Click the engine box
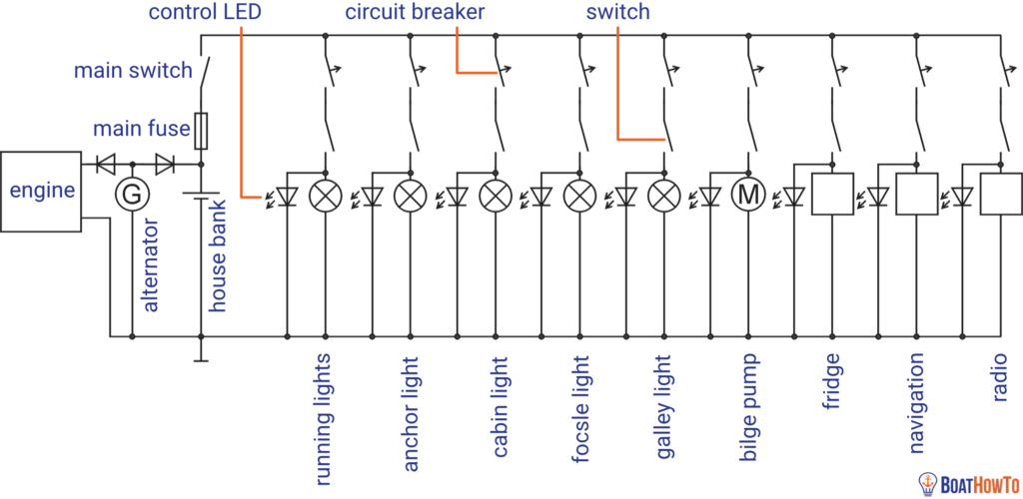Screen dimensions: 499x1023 [41, 192]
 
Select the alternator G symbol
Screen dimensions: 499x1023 [131, 194]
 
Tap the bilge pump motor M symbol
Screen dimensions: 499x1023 [747, 194]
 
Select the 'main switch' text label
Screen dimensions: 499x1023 [133, 70]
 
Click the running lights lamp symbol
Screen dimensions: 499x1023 [325, 194]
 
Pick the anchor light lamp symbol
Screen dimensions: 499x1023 [410, 194]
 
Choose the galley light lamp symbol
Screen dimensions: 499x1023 [663, 194]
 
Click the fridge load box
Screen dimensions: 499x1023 [832, 194]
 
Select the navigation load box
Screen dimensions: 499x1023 [917, 194]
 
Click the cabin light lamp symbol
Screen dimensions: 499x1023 [495, 194]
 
